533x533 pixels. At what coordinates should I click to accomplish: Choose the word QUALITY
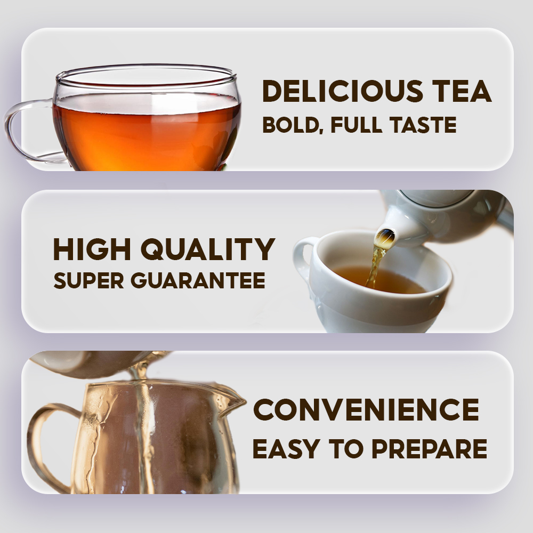point(208,250)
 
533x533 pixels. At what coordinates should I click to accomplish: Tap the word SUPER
point(88,280)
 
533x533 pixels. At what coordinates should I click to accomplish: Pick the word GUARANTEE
point(198,280)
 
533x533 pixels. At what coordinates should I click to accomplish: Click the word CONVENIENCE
point(366,410)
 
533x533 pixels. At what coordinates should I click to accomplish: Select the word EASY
point(286,449)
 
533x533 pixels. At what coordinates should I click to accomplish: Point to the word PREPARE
point(429,449)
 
